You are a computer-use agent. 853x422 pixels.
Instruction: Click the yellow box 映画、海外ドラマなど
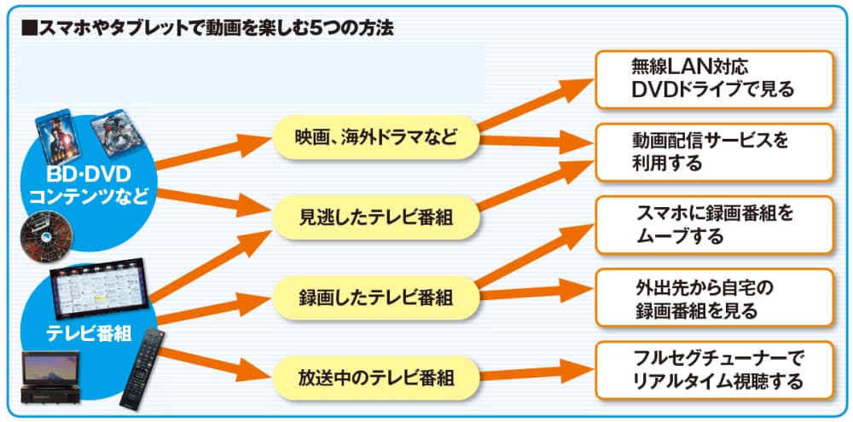[x=376, y=136]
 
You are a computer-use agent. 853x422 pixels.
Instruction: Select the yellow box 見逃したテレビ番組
[x=376, y=217]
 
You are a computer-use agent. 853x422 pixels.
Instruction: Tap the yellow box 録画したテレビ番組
[x=376, y=298]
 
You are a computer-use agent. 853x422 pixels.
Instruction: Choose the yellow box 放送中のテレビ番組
[x=376, y=377]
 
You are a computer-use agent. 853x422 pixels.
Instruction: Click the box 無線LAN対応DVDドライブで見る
[x=713, y=78]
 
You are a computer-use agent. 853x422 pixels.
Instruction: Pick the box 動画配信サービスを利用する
[x=713, y=152]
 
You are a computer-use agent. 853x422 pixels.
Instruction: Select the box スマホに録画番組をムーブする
[x=713, y=224]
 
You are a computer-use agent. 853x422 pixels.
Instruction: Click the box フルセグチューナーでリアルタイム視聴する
[x=713, y=370]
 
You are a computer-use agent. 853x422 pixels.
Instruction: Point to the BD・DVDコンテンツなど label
[x=89, y=186]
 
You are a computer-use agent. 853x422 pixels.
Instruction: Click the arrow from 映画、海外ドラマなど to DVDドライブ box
[x=532, y=102]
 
